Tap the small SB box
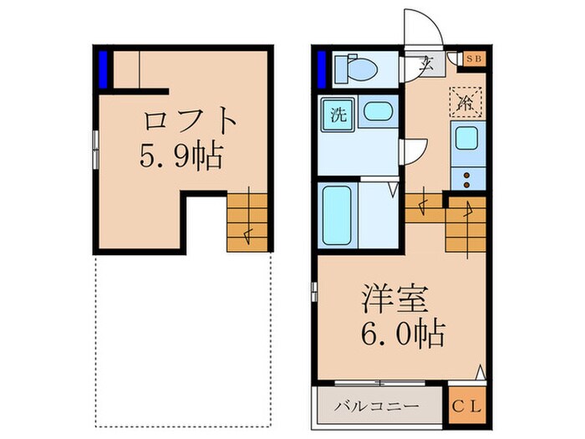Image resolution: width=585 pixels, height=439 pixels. tap(474, 59)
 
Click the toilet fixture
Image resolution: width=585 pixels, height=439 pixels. tap(354, 69)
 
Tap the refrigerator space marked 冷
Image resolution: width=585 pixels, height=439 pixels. tap(464, 102)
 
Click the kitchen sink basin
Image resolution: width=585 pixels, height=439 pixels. tap(465, 140)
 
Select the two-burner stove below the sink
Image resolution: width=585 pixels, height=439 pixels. tap(465, 176)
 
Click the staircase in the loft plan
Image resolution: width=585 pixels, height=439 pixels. tap(247, 222)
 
